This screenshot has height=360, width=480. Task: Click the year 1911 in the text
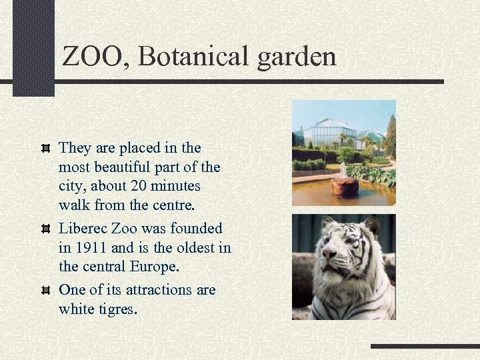91,248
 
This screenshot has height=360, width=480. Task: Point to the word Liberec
83,229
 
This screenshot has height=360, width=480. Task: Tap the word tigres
117,309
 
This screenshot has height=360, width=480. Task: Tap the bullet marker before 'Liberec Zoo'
46,229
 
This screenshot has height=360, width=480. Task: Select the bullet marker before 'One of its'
46,290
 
